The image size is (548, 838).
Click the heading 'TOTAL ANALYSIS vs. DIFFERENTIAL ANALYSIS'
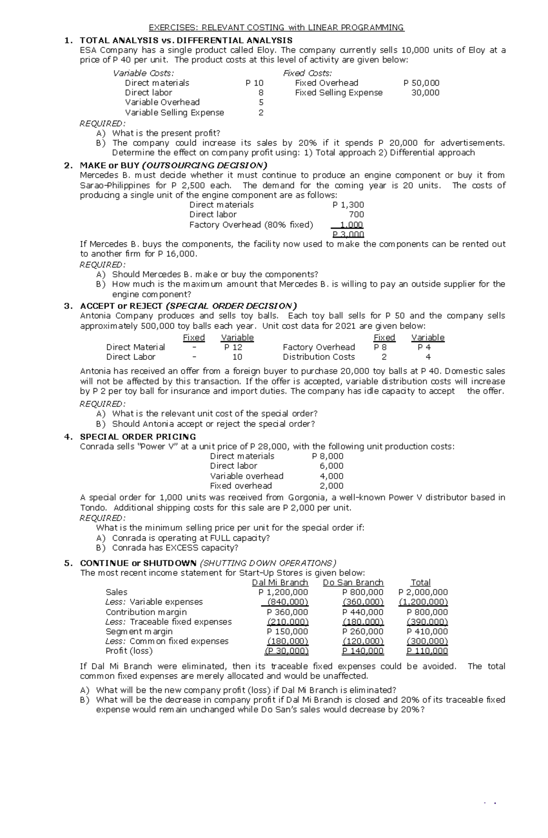click(x=186, y=40)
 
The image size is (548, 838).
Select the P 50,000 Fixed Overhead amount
click(x=421, y=83)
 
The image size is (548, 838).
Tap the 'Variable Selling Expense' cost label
click(x=174, y=112)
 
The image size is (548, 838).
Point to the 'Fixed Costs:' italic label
click(x=307, y=73)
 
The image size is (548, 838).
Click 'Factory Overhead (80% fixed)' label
click(x=251, y=225)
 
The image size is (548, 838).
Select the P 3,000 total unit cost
click(x=348, y=235)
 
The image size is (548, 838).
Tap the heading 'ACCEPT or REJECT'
click(x=121, y=306)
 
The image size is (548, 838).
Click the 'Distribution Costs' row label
click(x=319, y=357)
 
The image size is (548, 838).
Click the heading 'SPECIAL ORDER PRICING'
click(x=138, y=437)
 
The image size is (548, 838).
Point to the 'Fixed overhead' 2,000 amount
click(x=332, y=486)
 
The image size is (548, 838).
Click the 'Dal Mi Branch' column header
click(x=280, y=582)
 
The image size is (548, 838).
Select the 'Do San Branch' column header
click(x=353, y=582)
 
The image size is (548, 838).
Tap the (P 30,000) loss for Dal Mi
click(x=287, y=651)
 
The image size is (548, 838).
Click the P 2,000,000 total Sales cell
click(x=423, y=592)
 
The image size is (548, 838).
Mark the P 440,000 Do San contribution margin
click(x=363, y=612)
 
